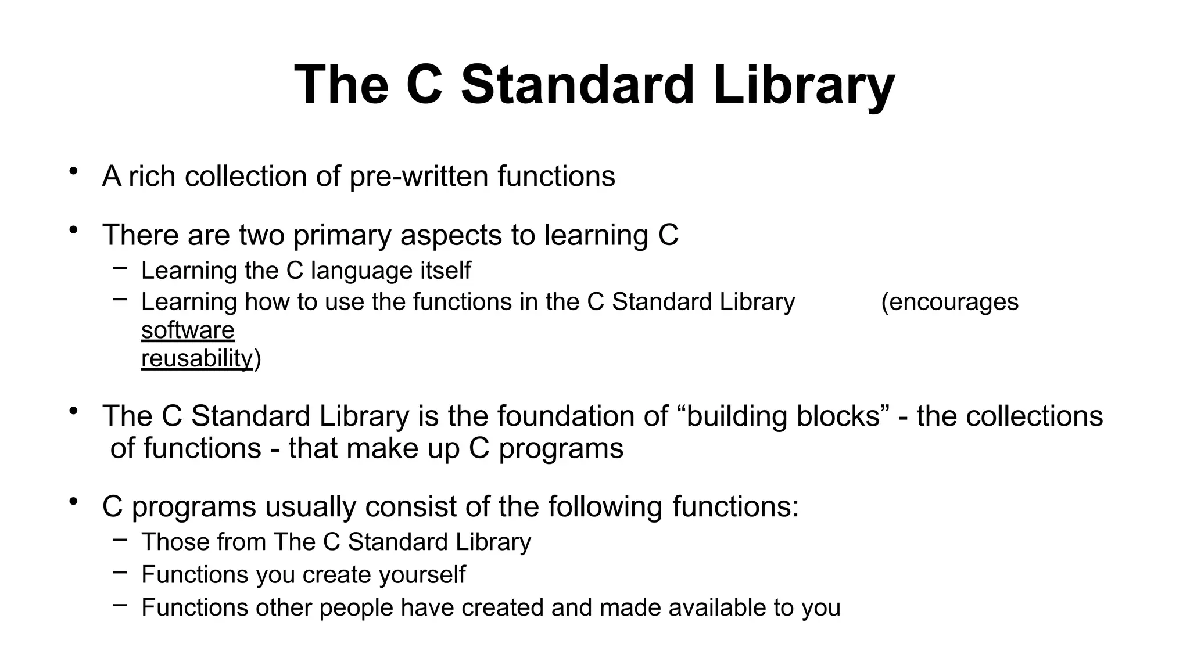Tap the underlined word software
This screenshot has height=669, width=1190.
(188, 330)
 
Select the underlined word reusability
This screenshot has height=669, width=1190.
(197, 358)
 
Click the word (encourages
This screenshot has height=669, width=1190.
(949, 302)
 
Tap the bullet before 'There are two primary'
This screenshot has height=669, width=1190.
(73, 230)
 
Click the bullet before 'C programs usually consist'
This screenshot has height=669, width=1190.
(73, 501)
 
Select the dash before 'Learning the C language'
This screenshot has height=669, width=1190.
(120, 268)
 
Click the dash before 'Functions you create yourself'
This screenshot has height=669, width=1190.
(120, 572)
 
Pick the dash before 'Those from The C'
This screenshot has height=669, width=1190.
(120, 539)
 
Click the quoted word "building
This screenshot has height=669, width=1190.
(734, 416)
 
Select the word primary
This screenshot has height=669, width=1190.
(342, 235)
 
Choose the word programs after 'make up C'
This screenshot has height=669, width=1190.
(561, 449)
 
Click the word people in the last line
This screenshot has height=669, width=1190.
(356, 608)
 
